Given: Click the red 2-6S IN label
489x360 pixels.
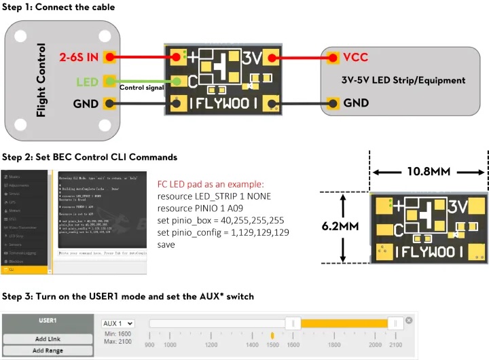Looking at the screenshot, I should pyautogui.click(x=79, y=58).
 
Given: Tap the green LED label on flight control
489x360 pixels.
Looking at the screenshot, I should pyautogui.click(x=87, y=82).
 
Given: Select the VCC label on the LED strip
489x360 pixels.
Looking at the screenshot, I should pyautogui.click(x=356, y=58).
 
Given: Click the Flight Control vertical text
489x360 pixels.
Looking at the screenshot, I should pyautogui.click(x=41, y=79).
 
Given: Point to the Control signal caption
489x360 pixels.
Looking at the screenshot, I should pyautogui.click(x=143, y=88).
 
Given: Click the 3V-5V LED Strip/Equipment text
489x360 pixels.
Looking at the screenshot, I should pyautogui.click(x=403, y=80).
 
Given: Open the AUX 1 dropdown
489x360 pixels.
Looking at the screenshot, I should pyautogui.click(x=117, y=324).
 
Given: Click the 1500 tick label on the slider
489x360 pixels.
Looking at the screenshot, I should pyautogui.click(x=272, y=345).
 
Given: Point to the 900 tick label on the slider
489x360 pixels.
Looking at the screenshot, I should pyautogui.click(x=150, y=345).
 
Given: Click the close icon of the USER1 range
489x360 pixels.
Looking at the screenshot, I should pyautogui.click(x=409, y=321).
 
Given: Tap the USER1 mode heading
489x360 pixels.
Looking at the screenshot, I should pyautogui.click(x=48, y=321).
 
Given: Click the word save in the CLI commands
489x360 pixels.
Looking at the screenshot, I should pyautogui.click(x=167, y=245).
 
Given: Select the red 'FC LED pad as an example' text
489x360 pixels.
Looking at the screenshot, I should pyautogui.click(x=210, y=184).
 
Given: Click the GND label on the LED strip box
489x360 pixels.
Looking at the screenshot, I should pyautogui.click(x=357, y=103).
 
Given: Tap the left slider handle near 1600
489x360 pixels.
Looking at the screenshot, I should pyautogui.click(x=293, y=324).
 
